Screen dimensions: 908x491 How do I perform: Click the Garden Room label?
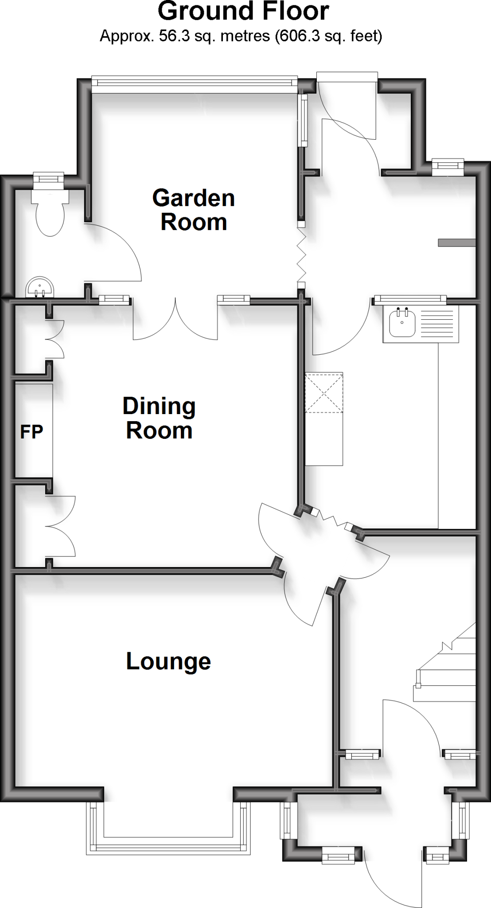pyautogui.click(x=194, y=210)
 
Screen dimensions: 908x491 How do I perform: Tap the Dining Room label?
pyautogui.click(x=159, y=418)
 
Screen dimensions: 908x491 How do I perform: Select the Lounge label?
pyautogui.click(x=168, y=661)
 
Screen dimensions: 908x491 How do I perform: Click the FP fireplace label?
pyautogui.click(x=31, y=431)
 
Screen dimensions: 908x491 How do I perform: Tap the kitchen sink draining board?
pyautogui.click(x=437, y=325)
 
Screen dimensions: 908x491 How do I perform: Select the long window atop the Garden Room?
pyautogui.click(x=194, y=83)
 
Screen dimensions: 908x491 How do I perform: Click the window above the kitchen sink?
pyautogui.click(x=410, y=300)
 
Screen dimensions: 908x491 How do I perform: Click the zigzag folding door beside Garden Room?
pyautogui.click(x=301, y=255)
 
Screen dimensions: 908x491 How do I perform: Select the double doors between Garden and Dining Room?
pyautogui.click(x=175, y=321)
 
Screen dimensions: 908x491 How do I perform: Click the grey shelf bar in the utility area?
pyautogui.click(x=456, y=243)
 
